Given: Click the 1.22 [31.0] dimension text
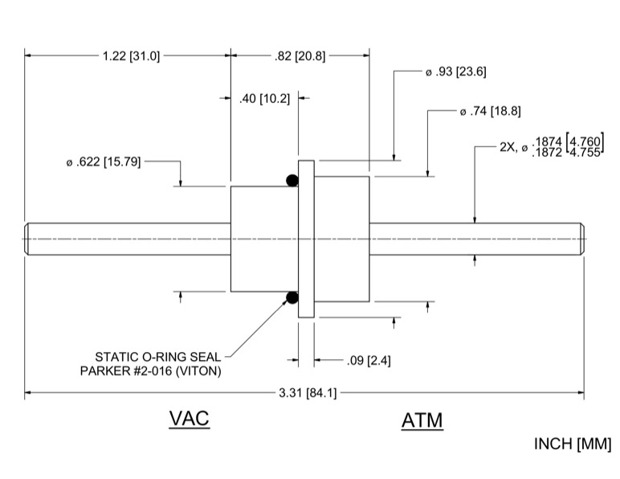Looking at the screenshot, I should click(x=131, y=56).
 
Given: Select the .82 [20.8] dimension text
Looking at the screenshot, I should click(x=300, y=56).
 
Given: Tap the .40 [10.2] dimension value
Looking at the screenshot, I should click(x=264, y=99).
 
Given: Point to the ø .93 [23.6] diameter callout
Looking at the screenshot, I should click(x=456, y=72).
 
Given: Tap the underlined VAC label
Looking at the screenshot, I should click(x=189, y=419).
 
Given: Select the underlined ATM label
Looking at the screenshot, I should click(x=422, y=420).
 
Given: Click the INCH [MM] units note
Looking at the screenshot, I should click(x=573, y=444).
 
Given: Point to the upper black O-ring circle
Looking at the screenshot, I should click(x=292, y=180).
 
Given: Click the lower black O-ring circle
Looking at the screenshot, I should click(x=292, y=298).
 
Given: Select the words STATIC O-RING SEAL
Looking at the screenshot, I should click(x=158, y=357).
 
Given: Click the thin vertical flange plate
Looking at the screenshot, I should click(x=306, y=239).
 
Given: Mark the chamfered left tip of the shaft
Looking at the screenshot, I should click(x=27, y=239).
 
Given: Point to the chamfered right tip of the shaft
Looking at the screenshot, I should click(x=581, y=239).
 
